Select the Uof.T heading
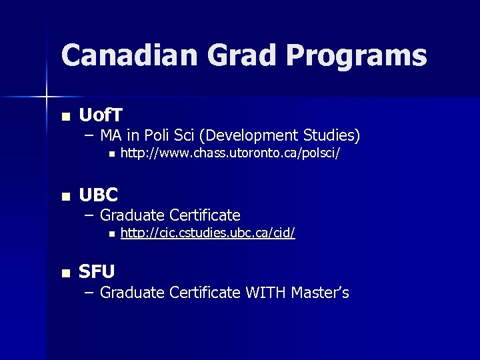[101, 115]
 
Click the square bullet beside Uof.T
[65, 117]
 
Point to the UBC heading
[98, 195]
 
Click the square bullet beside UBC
[65, 197]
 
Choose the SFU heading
[97, 271]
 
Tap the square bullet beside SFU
[65, 273]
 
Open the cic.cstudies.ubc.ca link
[208, 233]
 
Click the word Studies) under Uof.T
[331, 136]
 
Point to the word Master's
[319, 292]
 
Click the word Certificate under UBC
[205, 215]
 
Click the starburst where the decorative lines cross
[46, 97]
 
